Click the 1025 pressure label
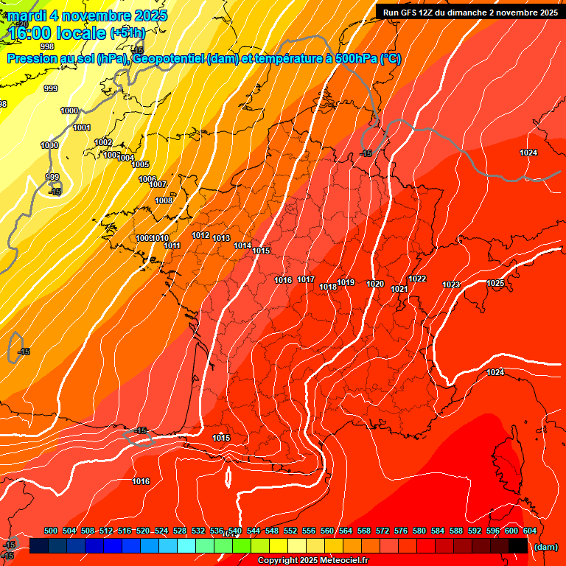coord(495,283)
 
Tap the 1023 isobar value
coord(451,284)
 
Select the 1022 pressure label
coord(417,279)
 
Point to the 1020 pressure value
coord(375,284)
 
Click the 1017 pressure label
coord(307,279)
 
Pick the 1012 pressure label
coord(200,235)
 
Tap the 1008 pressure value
coord(164,200)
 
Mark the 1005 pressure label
coord(140,164)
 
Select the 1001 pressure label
coord(82,127)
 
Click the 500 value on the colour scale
coord(51,531)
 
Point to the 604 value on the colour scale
coord(529,531)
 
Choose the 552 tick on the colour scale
coord(290,531)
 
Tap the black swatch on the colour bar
coord(517,545)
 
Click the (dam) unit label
coord(545,546)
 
